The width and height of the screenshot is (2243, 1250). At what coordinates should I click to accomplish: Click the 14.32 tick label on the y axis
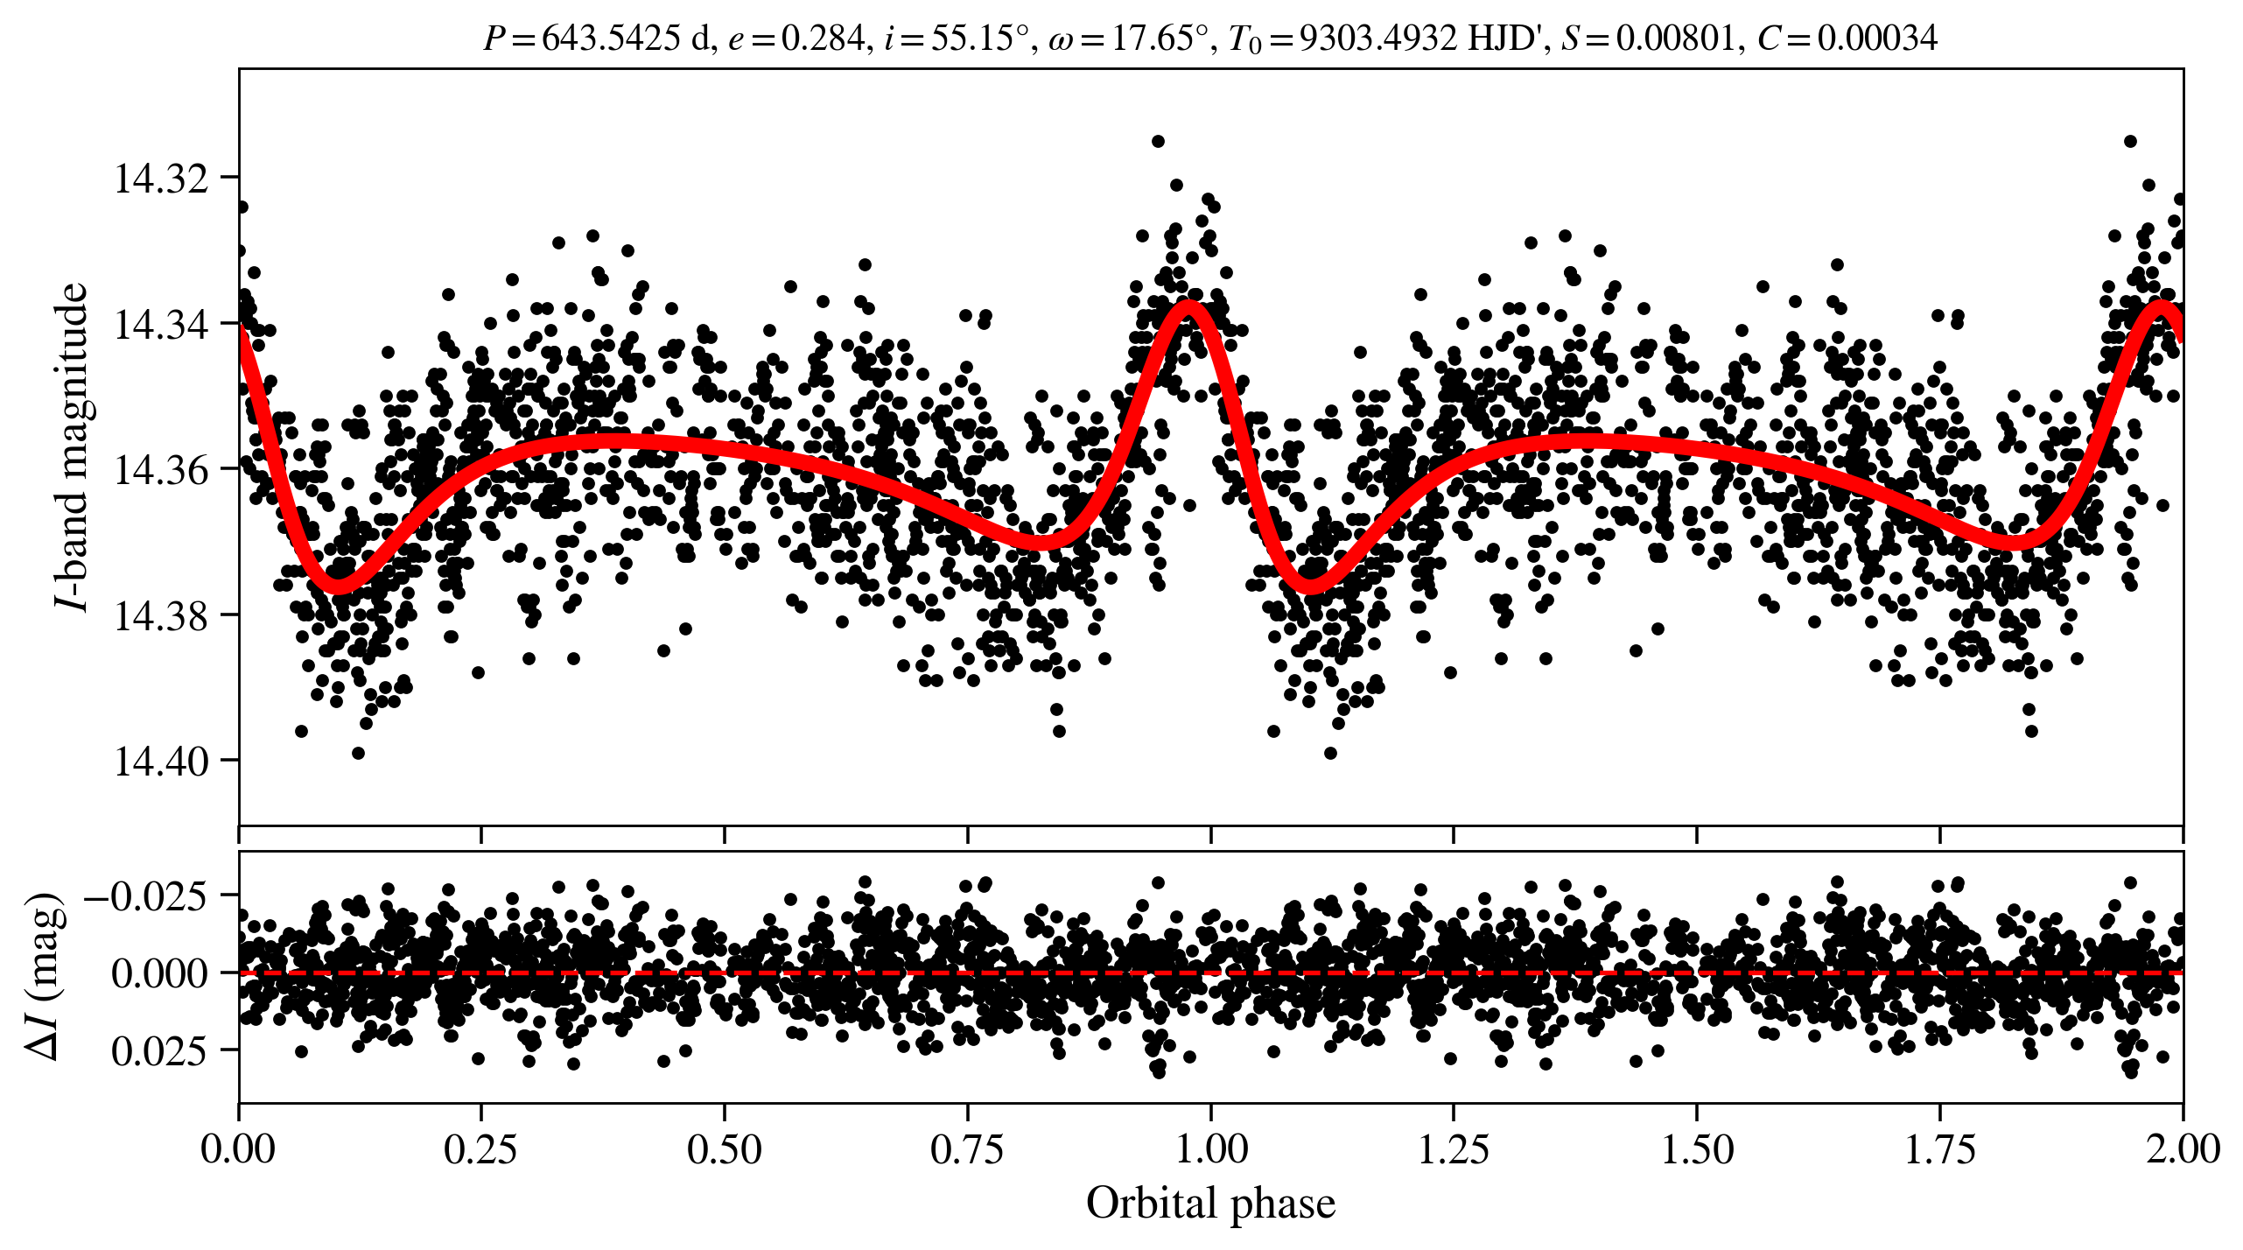click(150, 179)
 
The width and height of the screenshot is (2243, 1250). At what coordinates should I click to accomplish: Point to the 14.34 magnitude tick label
click(150, 325)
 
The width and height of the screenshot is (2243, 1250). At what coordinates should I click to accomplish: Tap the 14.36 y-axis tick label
click(150, 471)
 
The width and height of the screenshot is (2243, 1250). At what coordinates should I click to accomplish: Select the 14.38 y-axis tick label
click(150, 616)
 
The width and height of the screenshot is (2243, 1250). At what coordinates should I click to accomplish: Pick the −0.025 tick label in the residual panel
click(146, 896)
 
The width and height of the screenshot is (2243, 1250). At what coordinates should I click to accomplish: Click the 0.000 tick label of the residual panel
click(160, 973)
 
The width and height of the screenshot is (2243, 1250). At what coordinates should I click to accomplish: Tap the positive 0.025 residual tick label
click(160, 1050)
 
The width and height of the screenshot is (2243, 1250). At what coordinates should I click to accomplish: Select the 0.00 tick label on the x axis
click(238, 1148)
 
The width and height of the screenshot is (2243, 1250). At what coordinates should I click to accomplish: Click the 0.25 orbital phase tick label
click(481, 1148)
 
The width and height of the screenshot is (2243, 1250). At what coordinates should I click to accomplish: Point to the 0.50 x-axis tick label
click(725, 1148)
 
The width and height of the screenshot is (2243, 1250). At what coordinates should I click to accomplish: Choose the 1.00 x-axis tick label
click(1211, 1148)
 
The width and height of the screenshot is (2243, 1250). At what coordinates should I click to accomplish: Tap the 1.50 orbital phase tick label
click(1697, 1148)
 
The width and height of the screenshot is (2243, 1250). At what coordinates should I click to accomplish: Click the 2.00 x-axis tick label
click(2183, 1148)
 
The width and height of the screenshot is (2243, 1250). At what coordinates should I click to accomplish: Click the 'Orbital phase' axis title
click(1211, 1204)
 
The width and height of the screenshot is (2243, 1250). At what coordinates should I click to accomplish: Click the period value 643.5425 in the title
click(611, 38)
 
